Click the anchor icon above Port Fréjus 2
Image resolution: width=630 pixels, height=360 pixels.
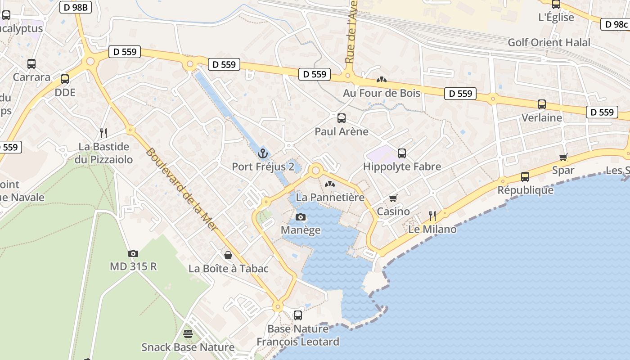(263, 154)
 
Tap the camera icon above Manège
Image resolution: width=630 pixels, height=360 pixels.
(301, 217)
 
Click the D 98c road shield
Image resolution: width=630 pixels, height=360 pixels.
(615, 24)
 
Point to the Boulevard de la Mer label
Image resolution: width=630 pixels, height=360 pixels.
(181, 189)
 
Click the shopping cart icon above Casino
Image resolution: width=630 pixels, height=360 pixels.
(393, 198)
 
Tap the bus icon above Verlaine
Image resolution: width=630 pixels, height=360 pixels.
(542, 104)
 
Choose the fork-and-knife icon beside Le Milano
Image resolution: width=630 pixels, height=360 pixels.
(432, 216)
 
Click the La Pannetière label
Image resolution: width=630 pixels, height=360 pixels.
(330, 198)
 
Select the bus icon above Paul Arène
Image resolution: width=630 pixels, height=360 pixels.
(342, 118)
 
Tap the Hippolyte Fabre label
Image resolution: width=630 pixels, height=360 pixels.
(402, 166)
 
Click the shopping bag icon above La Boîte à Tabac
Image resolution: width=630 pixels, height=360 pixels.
(228, 256)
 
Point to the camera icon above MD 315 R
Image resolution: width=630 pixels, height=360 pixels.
(133, 253)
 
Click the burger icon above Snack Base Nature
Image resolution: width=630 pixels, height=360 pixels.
(188, 334)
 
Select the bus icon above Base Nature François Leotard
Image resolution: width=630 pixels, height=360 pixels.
(298, 315)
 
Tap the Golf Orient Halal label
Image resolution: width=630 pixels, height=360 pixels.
(549, 42)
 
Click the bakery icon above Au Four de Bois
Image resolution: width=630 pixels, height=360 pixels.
(382, 80)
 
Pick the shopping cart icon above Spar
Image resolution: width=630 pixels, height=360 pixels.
(563, 157)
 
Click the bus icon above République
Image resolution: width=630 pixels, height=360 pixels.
(525, 177)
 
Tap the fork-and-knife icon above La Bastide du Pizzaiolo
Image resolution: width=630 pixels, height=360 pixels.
(103, 133)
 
